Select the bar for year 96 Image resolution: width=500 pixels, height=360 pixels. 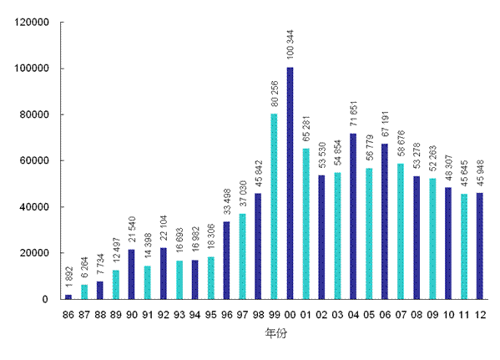click(x=226, y=260)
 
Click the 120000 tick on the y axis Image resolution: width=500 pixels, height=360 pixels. click(x=36, y=23)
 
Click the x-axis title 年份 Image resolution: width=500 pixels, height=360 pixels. click(x=274, y=332)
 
